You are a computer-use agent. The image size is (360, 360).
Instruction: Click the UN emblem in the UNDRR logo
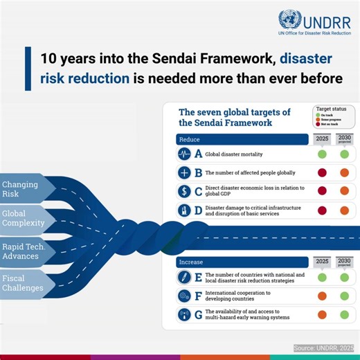289,19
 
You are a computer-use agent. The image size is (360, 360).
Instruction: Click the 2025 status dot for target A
322,154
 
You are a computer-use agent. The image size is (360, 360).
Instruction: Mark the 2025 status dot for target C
322,191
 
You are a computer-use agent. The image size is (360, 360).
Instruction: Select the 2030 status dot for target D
344,210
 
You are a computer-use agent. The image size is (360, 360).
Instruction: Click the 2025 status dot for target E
322,278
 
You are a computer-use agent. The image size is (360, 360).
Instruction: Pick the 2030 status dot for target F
344,296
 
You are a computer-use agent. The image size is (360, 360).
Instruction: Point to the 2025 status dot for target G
322,315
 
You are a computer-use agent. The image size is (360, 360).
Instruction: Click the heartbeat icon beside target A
185,154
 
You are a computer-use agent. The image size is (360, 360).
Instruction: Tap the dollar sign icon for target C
185,191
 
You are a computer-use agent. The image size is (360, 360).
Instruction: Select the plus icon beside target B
185,172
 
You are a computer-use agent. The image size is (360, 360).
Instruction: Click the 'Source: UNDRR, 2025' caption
323,348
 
